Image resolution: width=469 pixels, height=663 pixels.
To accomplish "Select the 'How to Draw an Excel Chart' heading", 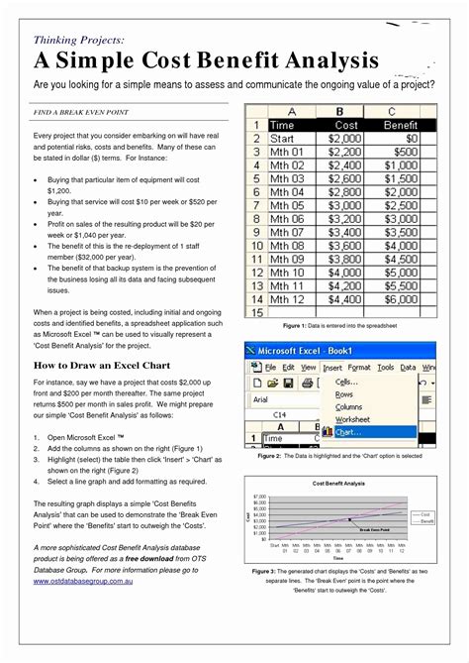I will [103, 365].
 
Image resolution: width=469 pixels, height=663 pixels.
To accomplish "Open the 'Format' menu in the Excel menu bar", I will [359, 367].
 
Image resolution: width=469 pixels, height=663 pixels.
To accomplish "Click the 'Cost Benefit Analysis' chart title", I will [340, 483].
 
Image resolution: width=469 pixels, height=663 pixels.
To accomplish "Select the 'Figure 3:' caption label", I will [264, 572].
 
